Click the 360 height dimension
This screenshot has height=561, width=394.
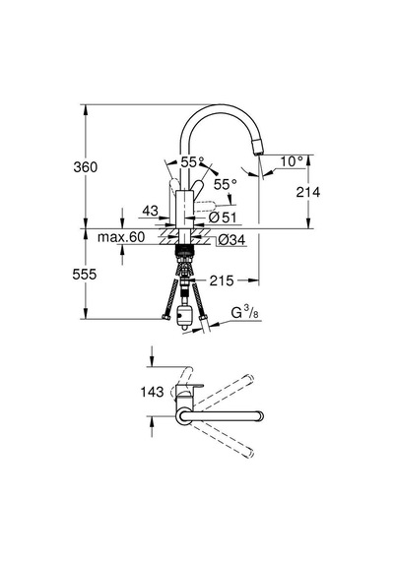pos(86,167)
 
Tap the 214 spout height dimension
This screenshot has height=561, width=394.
pos(308,192)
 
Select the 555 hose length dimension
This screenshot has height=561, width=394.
pos(85,275)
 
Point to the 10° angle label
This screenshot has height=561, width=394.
pos(292,161)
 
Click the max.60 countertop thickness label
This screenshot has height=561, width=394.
pos(121,237)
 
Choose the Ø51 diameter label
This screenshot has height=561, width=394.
pos(223,218)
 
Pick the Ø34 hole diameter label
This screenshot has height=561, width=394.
pos(231,240)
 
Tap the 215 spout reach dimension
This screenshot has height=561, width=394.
pos(222,280)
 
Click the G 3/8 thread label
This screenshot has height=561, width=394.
pos(245,313)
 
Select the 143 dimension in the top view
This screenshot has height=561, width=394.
pos(153,392)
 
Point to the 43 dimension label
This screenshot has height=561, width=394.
pos(150,211)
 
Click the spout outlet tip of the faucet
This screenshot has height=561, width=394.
pos(258,154)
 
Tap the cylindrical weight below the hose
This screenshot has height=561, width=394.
pos(184,314)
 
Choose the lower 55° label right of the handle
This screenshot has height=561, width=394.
pos(226,185)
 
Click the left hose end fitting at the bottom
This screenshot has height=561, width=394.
pos(165,317)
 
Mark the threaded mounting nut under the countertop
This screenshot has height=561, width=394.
pos(184,250)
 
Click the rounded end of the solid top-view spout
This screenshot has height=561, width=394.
pos(260,416)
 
